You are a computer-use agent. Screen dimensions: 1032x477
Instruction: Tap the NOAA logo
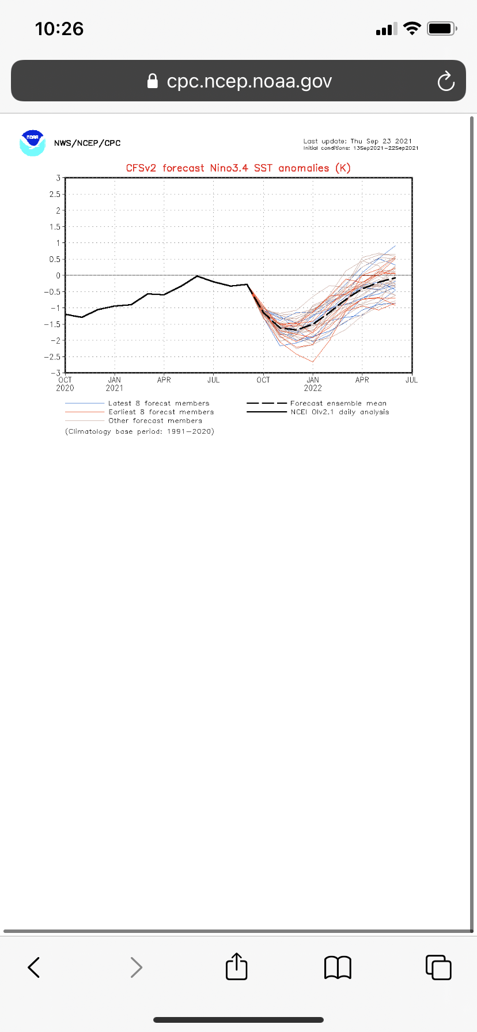click(32, 143)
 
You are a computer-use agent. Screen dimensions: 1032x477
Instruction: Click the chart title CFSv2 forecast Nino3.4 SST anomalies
click(238, 168)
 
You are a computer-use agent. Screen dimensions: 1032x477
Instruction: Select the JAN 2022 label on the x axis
click(313, 384)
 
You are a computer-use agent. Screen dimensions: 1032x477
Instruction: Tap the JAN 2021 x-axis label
click(115, 384)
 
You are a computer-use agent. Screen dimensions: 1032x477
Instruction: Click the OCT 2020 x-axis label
click(65, 384)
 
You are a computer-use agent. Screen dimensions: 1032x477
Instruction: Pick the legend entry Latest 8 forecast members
click(158, 403)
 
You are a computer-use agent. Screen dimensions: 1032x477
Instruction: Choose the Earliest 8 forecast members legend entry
click(161, 412)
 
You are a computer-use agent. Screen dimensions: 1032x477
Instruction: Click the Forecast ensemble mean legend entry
click(338, 403)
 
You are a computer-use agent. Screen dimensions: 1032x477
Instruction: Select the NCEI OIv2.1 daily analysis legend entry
click(339, 412)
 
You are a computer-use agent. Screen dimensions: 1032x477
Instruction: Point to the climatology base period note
click(139, 431)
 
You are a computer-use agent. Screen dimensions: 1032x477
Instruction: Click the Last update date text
click(358, 141)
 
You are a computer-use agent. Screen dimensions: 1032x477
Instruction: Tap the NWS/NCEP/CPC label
click(88, 143)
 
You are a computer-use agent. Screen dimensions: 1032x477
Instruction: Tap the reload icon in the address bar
click(446, 81)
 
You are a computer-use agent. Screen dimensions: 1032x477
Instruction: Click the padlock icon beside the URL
click(153, 81)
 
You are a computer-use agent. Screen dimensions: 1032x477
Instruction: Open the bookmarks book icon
click(338, 967)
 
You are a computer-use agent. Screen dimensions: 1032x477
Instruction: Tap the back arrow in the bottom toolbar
click(34, 967)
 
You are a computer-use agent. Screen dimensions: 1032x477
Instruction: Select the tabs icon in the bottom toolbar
click(438, 967)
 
